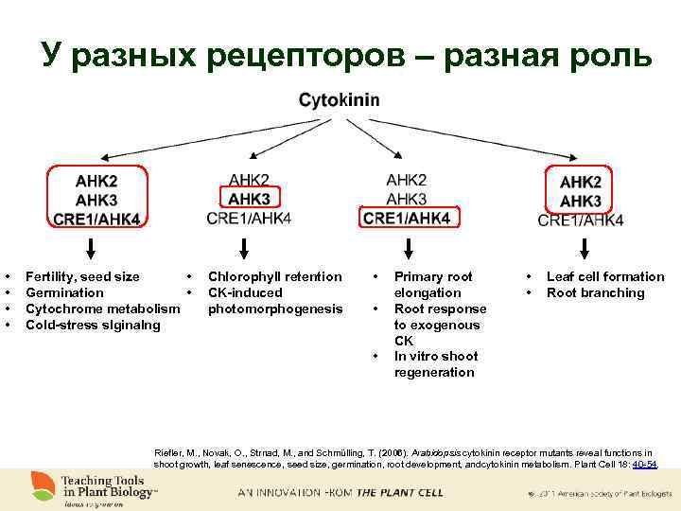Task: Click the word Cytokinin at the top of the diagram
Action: click(x=340, y=99)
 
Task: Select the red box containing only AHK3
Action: click(x=249, y=199)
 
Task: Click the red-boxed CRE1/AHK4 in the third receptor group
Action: click(x=407, y=219)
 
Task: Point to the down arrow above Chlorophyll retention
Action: click(x=245, y=248)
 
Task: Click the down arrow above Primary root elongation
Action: click(x=407, y=248)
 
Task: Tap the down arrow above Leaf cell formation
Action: click(x=585, y=248)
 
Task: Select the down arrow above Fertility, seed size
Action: click(x=92, y=248)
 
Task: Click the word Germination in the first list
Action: click(x=64, y=292)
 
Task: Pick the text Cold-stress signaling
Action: click(x=93, y=325)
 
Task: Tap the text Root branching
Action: click(x=595, y=292)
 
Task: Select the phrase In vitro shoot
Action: click(x=435, y=356)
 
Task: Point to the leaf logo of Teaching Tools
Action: click(x=40, y=485)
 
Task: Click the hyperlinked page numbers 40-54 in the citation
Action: click(x=645, y=465)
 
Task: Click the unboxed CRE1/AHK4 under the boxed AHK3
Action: click(x=249, y=219)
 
